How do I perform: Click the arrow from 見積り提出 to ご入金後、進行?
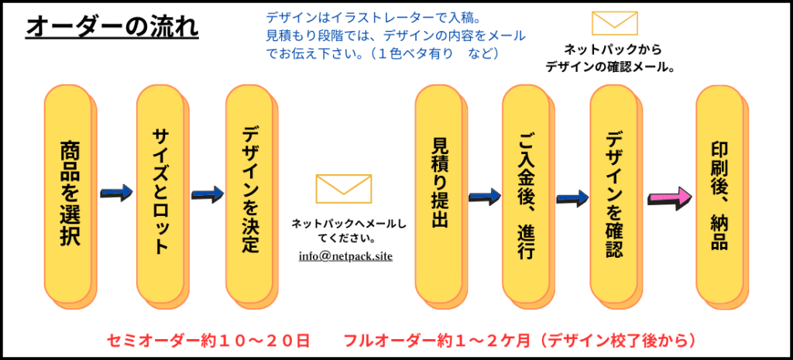pos(485,196)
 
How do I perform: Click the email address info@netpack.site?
pos(345,255)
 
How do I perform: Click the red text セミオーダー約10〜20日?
pos(208,340)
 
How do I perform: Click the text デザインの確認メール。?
pos(609,67)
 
